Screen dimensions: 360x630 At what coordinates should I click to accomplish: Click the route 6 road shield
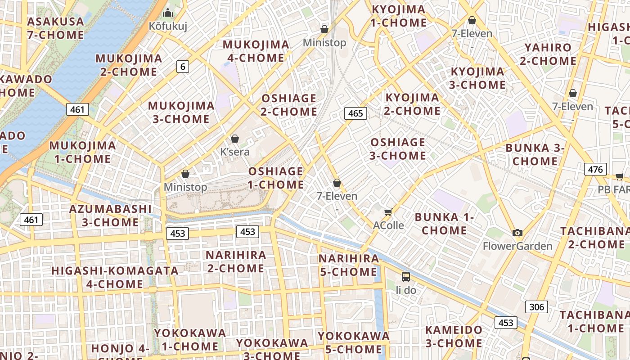182,67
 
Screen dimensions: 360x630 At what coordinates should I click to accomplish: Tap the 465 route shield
355,113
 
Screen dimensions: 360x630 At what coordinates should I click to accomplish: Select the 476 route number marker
595,169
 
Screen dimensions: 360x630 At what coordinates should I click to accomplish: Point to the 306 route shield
536,307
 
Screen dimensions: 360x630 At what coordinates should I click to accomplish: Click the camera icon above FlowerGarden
517,233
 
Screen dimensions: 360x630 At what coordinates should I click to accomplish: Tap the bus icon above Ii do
406,276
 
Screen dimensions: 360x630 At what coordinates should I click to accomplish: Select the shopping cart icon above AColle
388,211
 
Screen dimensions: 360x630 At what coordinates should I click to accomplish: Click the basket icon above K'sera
234,139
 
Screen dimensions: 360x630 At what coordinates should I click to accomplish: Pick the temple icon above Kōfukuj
168,13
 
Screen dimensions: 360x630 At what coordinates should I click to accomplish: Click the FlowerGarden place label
517,246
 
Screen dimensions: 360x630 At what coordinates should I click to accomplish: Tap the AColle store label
388,225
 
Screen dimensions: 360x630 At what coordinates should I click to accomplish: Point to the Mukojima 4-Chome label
256,51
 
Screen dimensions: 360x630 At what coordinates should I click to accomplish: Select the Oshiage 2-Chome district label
289,105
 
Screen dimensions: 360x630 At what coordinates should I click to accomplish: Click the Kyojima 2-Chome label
412,104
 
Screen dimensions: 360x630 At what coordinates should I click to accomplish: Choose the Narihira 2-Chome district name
236,261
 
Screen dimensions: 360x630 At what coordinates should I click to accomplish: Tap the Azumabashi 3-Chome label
110,216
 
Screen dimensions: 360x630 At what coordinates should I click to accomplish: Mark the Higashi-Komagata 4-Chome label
115,277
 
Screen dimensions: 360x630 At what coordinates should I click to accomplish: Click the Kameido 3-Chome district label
454,337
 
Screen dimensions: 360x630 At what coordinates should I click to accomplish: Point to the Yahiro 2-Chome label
548,54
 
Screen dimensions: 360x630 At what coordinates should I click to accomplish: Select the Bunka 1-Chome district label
445,224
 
